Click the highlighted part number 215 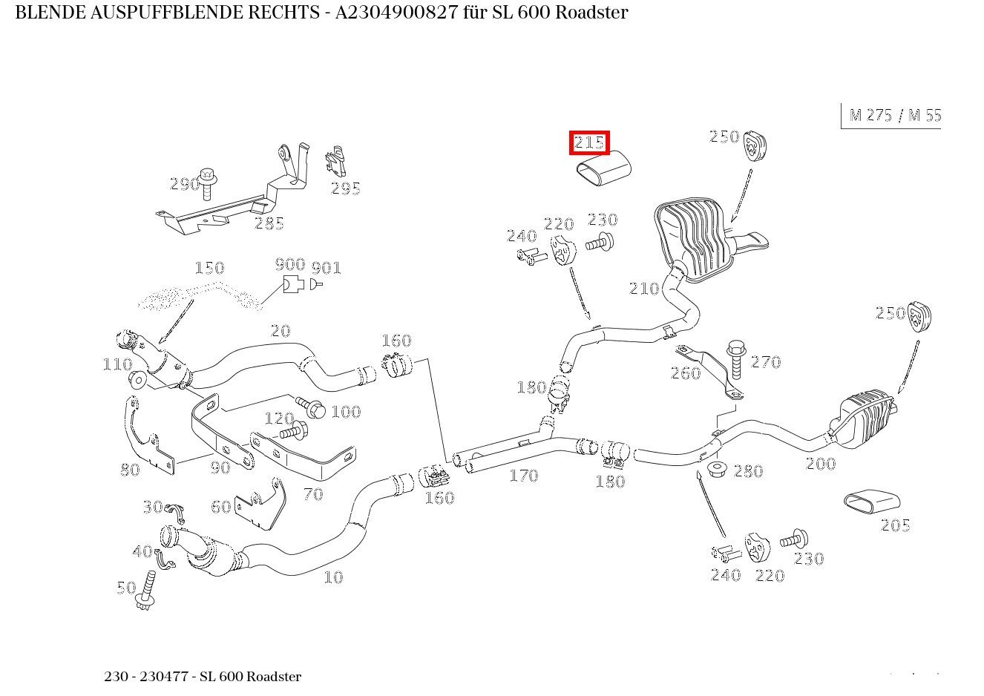[x=589, y=142]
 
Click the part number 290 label [x=184, y=183]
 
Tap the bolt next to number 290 [x=207, y=181]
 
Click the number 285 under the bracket [x=269, y=223]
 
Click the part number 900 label [x=289, y=265]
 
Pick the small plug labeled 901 [x=315, y=283]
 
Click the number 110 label [x=117, y=364]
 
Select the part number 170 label [x=523, y=476]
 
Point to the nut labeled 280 [x=717, y=469]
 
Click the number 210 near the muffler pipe [x=643, y=289]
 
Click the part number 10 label [x=333, y=577]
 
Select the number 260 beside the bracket [x=685, y=373]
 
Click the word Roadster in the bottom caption [x=274, y=677]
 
